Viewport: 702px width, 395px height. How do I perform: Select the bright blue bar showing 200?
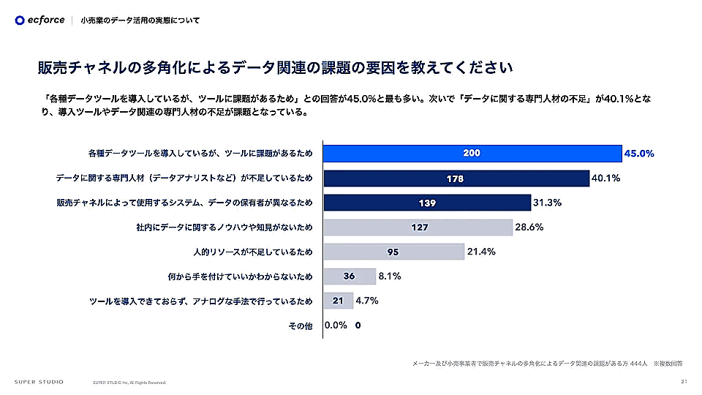472,154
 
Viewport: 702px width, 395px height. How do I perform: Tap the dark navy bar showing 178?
456,178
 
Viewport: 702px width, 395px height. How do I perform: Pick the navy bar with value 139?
427,203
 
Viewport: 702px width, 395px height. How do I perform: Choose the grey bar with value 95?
393,252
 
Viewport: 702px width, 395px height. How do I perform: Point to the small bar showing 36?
349,276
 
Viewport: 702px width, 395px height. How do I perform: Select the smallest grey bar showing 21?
338,301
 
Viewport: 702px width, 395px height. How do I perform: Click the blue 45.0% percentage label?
639,154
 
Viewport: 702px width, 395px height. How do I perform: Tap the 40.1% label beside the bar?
606,178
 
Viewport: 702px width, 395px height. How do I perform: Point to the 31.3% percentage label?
547,203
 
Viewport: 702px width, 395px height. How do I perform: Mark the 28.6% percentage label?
529,227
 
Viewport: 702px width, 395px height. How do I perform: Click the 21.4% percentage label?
481,252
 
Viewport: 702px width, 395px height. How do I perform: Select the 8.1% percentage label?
390,276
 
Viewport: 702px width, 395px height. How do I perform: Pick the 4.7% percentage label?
368,301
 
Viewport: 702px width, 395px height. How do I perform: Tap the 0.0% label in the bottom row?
336,326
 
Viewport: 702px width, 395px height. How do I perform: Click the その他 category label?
300,326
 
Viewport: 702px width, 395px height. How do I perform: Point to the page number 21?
684,381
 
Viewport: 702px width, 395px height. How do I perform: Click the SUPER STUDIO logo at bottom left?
39,381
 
